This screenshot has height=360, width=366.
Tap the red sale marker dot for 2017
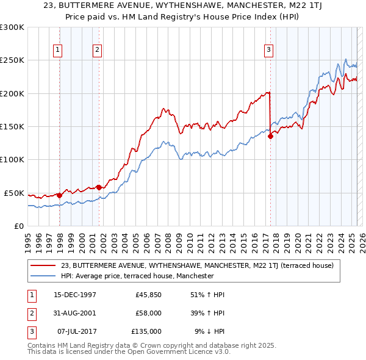270,136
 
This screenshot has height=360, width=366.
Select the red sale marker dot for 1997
59,195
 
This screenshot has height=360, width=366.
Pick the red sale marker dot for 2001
99,187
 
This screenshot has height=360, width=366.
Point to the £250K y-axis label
12,60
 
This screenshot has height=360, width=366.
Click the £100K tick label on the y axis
12,159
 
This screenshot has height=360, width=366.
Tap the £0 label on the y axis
18,226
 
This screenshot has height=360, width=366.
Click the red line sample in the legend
44,266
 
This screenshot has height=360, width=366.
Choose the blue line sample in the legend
44,276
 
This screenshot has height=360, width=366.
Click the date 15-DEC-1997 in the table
76,295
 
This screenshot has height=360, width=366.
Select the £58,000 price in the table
148,313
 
